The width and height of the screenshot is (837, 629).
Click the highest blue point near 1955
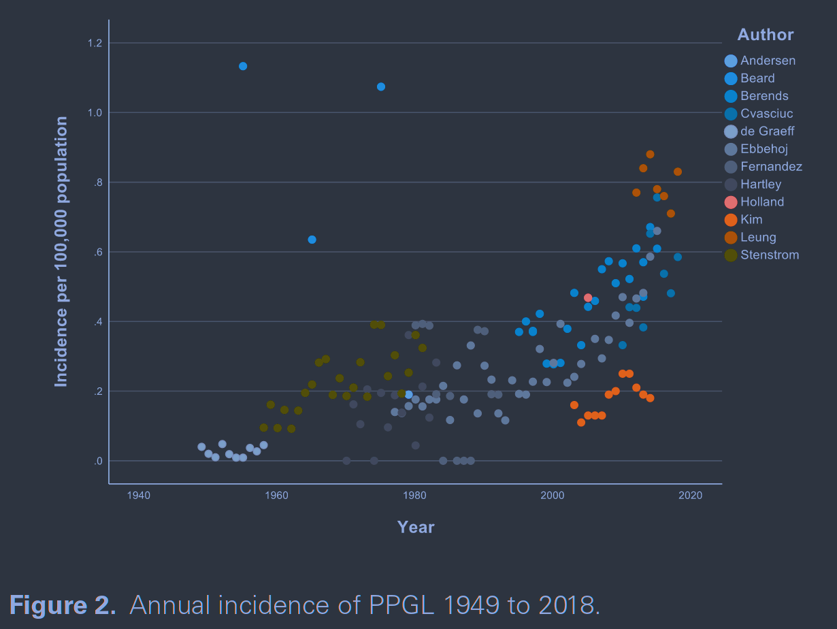[x=243, y=66]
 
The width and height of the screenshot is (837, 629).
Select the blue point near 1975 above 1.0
[x=381, y=86]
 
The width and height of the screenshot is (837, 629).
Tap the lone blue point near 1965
[x=312, y=240]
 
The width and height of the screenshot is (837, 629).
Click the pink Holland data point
[x=588, y=297]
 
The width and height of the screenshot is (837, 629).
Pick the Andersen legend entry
[x=768, y=61]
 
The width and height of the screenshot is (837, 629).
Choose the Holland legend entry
[x=762, y=202]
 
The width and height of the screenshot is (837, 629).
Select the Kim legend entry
[x=751, y=220]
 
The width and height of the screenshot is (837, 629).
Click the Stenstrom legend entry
[x=770, y=255]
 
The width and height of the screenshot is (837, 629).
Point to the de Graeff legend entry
[x=767, y=131]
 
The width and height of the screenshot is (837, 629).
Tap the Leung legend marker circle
[x=731, y=238]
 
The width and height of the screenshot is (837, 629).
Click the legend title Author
[x=766, y=35]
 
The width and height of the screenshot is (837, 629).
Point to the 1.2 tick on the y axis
[x=95, y=44]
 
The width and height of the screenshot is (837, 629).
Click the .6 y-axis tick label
[x=97, y=252]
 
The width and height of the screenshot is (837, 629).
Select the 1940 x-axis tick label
[x=138, y=496]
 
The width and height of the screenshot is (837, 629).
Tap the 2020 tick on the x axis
[x=690, y=496]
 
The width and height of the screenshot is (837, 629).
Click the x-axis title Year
[x=416, y=527]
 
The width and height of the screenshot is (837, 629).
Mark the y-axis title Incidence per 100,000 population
[x=61, y=252]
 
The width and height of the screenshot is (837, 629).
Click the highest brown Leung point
[x=650, y=155]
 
